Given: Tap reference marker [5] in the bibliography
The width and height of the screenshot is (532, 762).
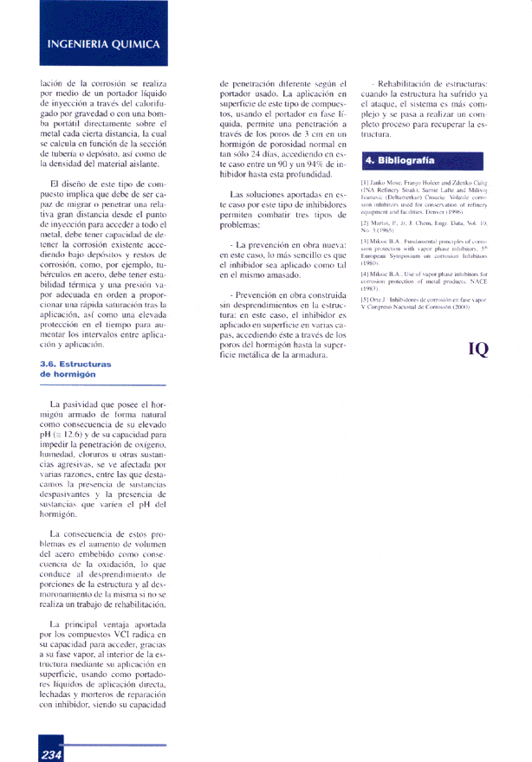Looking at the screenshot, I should (x=365, y=299).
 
